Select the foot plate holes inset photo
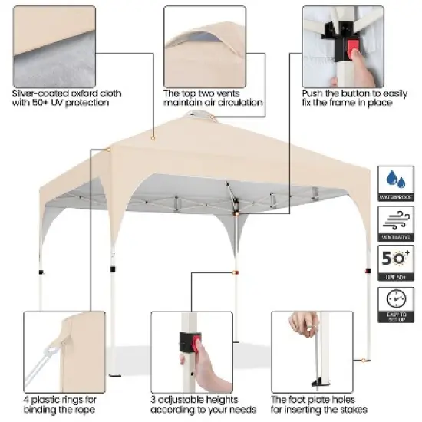(312, 351)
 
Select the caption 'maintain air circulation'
(213, 103)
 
